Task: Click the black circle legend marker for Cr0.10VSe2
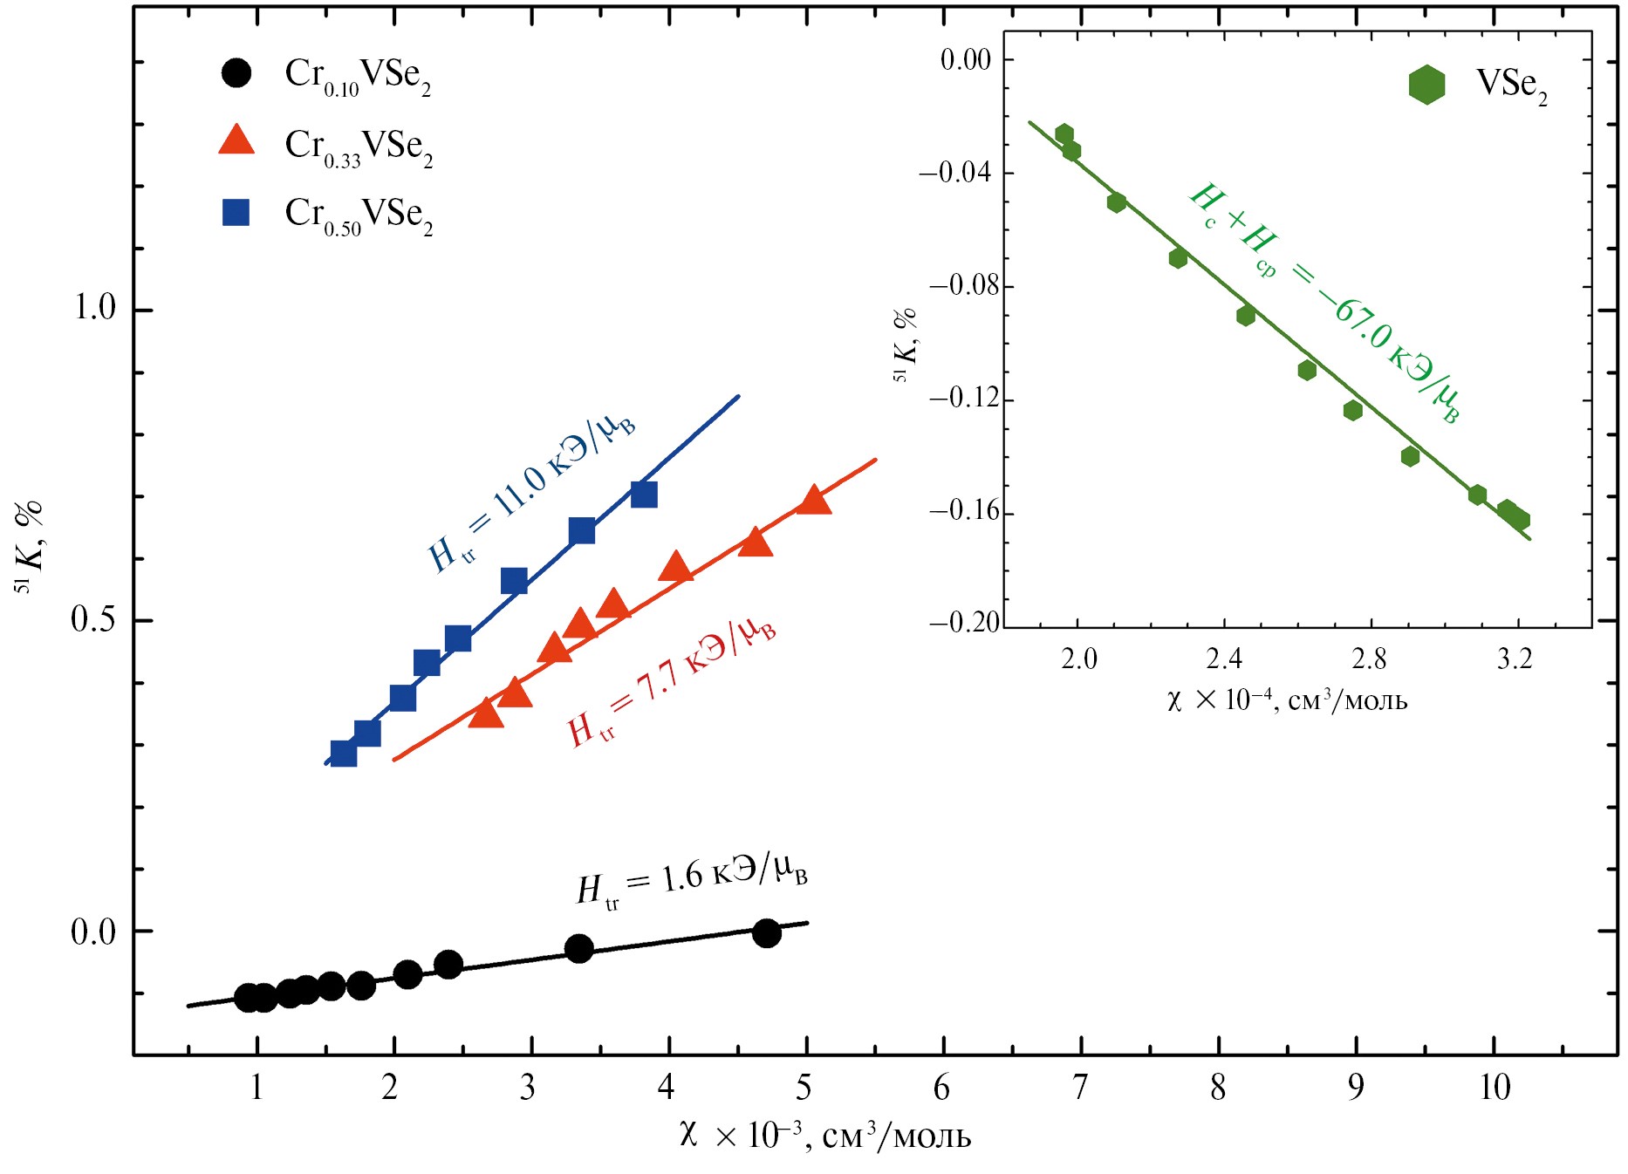[x=236, y=72]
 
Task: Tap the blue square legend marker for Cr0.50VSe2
[x=236, y=212]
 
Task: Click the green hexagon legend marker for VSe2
[x=1426, y=85]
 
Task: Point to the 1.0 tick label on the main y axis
[x=93, y=308]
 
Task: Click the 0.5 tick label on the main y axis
[x=93, y=619]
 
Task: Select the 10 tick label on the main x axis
[x=1495, y=1088]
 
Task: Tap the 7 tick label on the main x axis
[x=1080, y=1088]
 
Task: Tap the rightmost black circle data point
[x=766, y=933]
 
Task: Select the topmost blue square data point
[x=644, y=495]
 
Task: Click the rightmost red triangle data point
[x=814, y=501]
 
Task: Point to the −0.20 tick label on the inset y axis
[x=964, y=622]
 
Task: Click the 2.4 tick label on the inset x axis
[x=1223, y=659]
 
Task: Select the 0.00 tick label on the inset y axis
[x=966, y=59]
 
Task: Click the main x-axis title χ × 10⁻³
[x=824, y=1136]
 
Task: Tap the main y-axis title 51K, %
[x=30, y=546]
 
